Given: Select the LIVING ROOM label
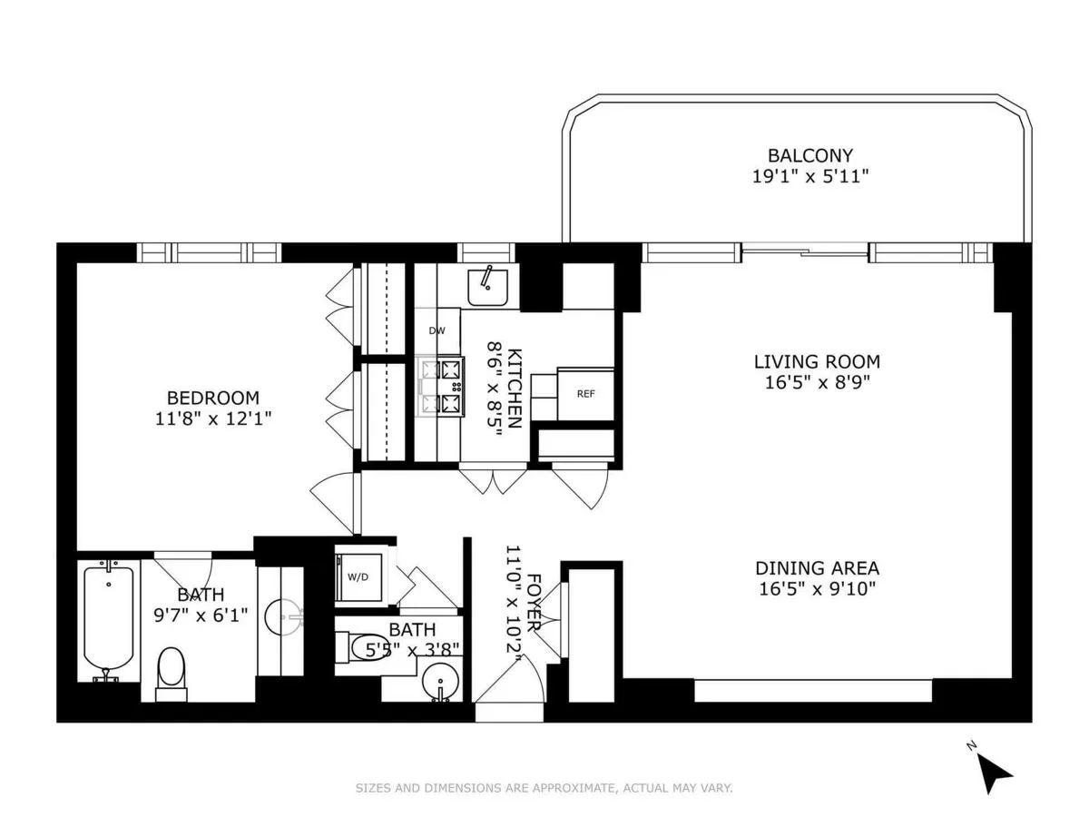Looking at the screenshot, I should tap(817, 361).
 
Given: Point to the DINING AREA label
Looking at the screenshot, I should tap(817, 568).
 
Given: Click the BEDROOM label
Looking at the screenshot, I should tap(213, 398).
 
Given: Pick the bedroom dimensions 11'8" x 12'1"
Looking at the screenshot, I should tap(213, 418).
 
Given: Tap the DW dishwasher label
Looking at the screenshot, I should tap(437, 331).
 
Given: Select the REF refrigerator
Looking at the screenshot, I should tap(585, 394).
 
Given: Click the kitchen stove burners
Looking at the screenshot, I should tap(441, 385).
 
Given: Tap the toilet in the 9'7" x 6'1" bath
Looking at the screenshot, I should tap(171, 673).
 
